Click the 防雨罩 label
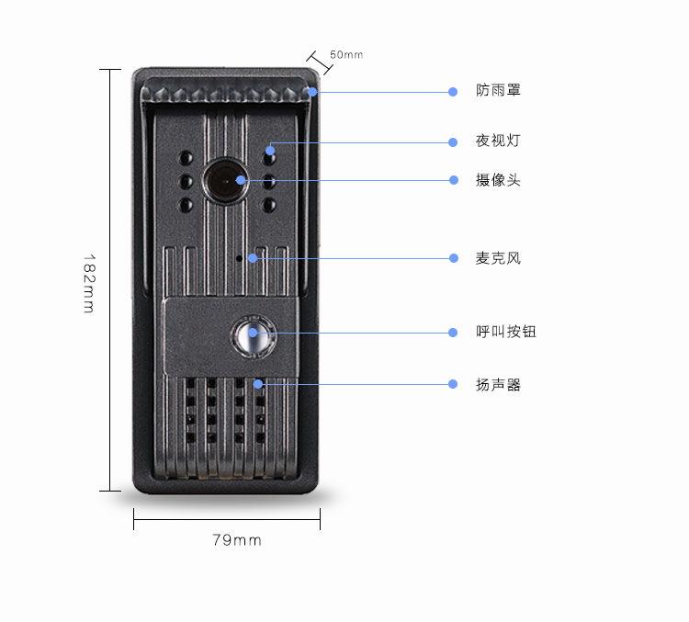coord(498,90)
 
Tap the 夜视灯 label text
coord(498,141)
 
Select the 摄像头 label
coord(498,180)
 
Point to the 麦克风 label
coord(498,258)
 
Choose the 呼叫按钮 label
coord(506,332)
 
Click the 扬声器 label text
coord(498,385)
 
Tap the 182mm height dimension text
coord(89,284)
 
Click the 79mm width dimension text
coord(237,540)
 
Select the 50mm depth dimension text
coord(346,54)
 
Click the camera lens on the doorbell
coord(225,181)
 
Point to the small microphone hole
coord(239,258)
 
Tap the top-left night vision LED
coord(186,157)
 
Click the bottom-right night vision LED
coord(269,205)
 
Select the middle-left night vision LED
coord(186,181)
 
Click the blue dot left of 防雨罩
coord(453,92)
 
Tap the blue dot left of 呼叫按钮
coord(453,333)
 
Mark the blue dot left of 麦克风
coord(454,258)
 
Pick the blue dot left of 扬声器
coord(453,384)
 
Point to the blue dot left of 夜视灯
coord(453,142)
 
